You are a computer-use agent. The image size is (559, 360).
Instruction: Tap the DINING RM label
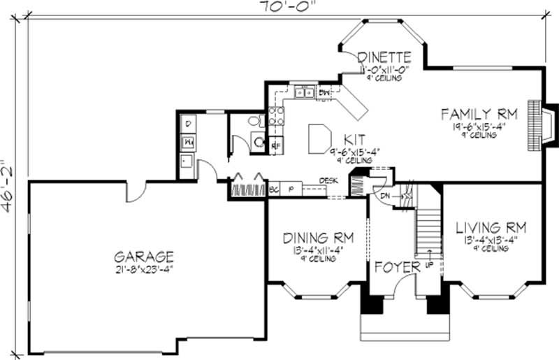pyautogui.click(x=317, y=238)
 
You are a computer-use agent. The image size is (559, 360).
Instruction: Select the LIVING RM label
pyautogui.click(x=491, y=228)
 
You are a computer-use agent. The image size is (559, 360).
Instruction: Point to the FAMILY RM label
pyautogui.click(x=479, y=113)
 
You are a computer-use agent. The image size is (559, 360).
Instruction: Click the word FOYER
pyautogui.click(x=396, y=267)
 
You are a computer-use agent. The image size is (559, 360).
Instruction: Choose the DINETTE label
pyautogui.click(x=383, y=57)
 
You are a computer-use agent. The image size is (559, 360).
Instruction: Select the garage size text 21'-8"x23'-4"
pyautogui.click(x=145, y=269)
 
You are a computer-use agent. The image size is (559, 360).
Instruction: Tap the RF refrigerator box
pyautogui.click(x=275, y=145)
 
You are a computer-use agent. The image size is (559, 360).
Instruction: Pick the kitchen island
pyautogui.click(x=319, y=138)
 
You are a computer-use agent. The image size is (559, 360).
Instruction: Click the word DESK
pyautogui.click(x=329, y=180)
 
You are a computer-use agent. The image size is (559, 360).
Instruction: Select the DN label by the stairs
pyautogui.click(x=385, y=197)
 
